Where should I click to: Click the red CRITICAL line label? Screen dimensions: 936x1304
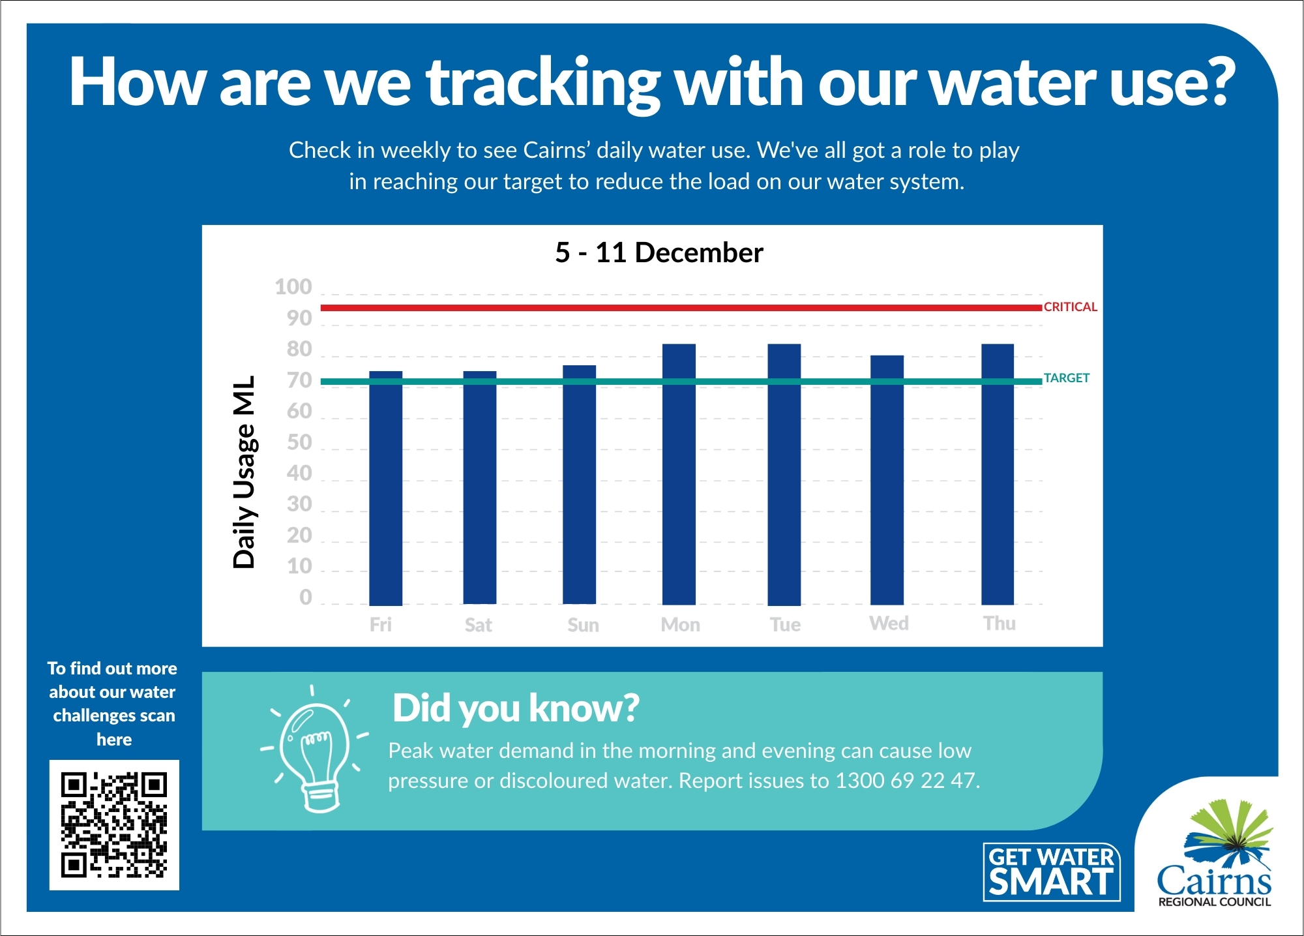pos(1070,307)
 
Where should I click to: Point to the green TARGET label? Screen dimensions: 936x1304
pos(1066,378)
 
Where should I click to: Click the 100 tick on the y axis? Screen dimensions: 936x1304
pos(293,287)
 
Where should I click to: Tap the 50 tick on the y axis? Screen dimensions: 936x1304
pos(299,442)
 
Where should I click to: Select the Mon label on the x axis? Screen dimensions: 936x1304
pos(680,625)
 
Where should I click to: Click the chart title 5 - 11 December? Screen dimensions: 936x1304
pos(659,252)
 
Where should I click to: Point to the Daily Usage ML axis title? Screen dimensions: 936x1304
pos(244,472)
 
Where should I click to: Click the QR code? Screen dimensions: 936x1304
pos(114,825)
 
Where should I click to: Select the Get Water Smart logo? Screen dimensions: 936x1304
pos(1051,872)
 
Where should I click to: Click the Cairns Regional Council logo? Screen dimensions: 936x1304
pos(1214,854)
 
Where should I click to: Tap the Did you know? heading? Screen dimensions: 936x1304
pos(515,708)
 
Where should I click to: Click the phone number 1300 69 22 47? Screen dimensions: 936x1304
pos(906,781)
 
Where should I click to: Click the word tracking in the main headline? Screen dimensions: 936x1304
pos(543,83)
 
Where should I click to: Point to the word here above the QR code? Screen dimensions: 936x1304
pos(114,740)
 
